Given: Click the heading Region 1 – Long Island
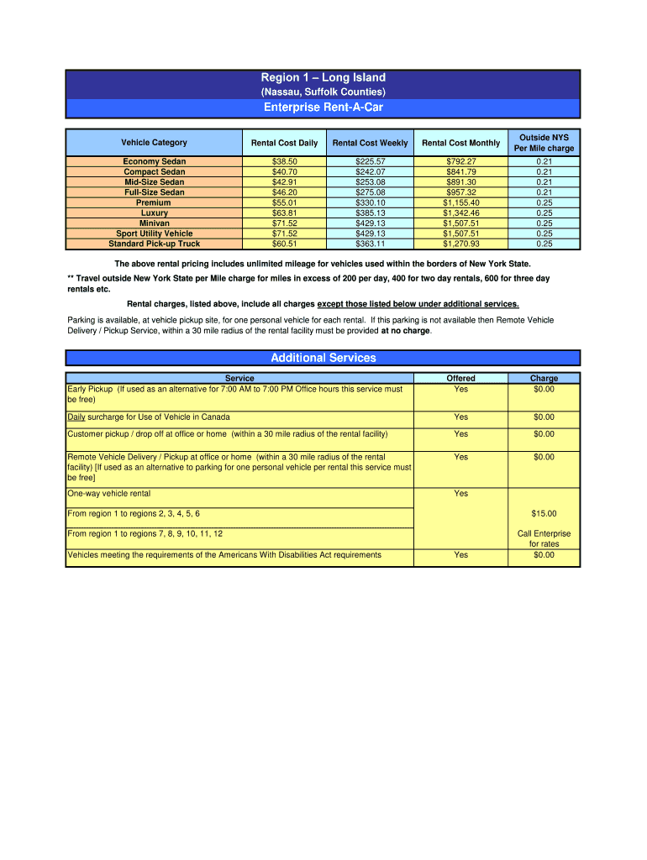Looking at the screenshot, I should [323, 78].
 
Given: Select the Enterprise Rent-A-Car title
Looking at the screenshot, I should [323, 107].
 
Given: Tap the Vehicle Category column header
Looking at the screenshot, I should [154, 143].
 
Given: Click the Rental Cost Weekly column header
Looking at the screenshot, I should [370, 143].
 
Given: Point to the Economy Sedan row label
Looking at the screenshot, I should [154, 161].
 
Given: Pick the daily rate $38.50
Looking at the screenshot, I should [284, 161].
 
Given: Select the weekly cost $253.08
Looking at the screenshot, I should [370, 182].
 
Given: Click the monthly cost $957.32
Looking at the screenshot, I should [460, 192].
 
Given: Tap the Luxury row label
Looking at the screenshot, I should [154, 213].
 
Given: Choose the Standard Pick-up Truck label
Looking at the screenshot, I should [154, 244].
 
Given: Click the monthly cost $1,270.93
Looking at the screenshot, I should [460, 244].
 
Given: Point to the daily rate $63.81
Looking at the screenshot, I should [284, 213].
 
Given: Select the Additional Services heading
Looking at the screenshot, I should [323, 358].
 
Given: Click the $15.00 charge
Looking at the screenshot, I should [544, 514].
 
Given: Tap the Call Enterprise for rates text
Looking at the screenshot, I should [544, 538].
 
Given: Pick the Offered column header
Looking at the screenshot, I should [460, 379].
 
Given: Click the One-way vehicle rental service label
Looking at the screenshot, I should [109, 494].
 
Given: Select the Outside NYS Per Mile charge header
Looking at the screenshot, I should [544, 143].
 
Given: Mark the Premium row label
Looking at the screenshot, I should [154, 203].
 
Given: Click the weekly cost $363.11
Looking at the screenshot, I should [370, 244].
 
